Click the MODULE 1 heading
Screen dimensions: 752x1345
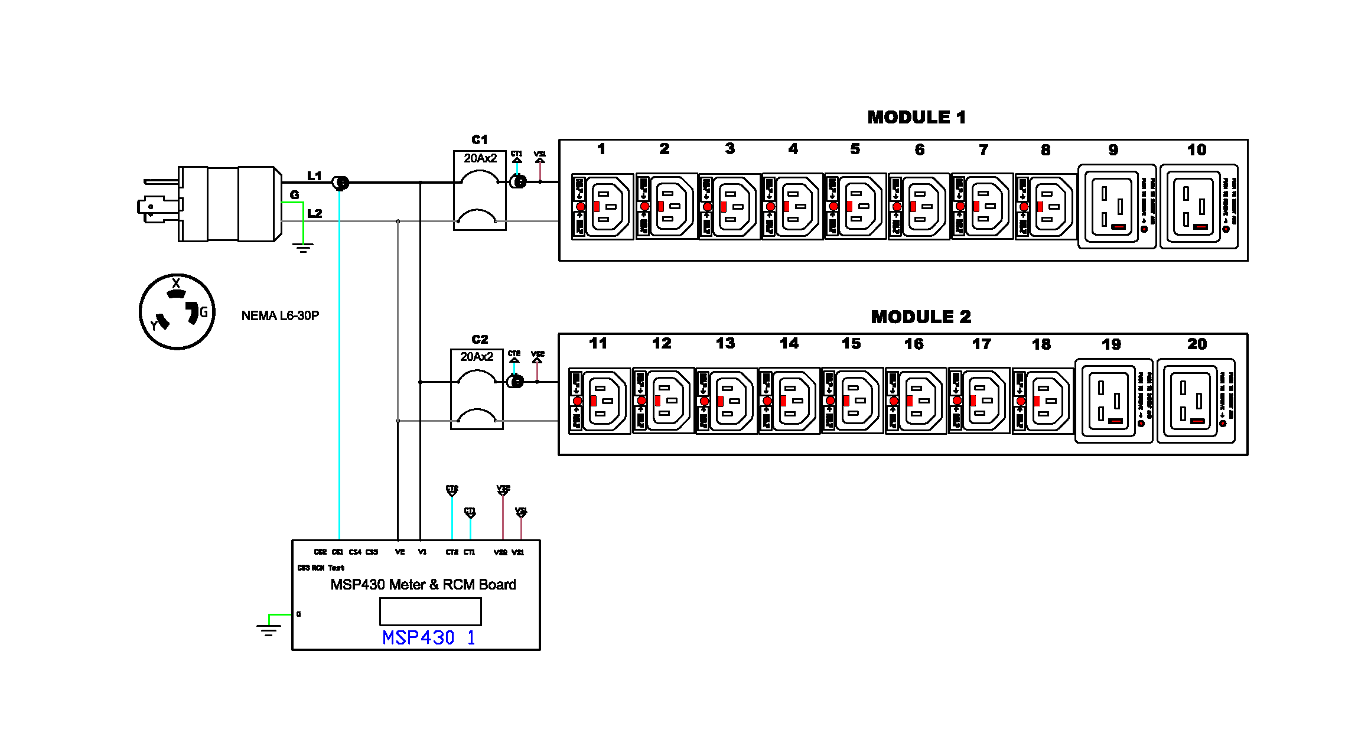916,118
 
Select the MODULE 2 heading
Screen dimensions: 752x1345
920,317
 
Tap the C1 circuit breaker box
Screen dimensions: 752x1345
479,190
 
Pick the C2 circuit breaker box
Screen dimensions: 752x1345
476,389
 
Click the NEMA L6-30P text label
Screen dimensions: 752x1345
280,316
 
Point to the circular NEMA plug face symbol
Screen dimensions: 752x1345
177,311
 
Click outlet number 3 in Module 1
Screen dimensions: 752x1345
730,206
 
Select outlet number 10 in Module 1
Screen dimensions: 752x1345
1199,206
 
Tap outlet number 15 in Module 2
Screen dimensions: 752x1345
852,401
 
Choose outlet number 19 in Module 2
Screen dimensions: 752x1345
1113,401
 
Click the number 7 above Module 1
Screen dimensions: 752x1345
983,150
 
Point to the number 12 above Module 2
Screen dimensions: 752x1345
662,344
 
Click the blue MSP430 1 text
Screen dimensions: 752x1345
428,638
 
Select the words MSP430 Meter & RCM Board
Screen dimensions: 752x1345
423,585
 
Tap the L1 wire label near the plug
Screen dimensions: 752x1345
314,176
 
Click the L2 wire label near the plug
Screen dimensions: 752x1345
314,213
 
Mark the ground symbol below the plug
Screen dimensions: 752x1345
303,248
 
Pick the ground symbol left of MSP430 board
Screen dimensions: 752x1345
268,629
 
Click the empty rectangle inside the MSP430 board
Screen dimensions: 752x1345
430,611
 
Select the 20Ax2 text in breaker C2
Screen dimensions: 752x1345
476,357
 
